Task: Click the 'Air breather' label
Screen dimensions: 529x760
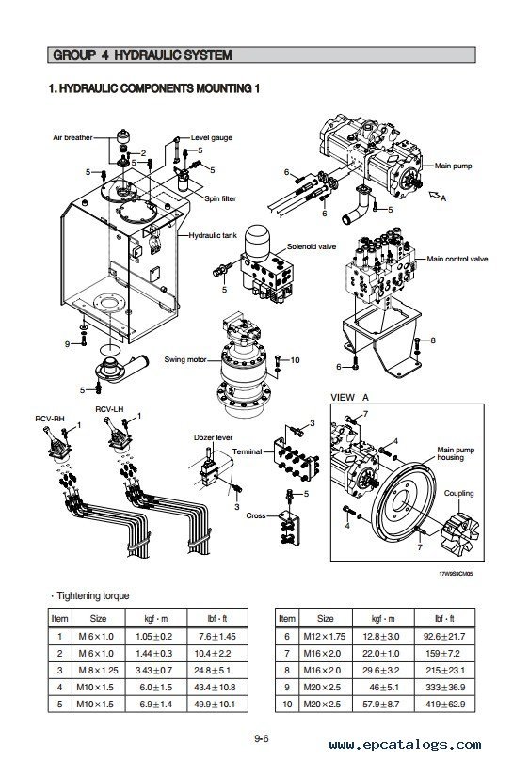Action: tap(72, 137)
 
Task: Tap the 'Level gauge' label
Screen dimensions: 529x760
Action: tap(212, 137)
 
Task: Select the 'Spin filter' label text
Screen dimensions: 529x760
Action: tap(220, 198)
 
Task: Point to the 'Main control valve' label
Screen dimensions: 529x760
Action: tap(457, 259)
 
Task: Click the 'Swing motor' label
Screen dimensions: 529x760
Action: tap(185, 359)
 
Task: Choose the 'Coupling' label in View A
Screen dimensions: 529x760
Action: tap(458, 494)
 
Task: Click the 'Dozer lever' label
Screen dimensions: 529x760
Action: tap(214, 437)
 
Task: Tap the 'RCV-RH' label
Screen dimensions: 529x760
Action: tap(50, 419)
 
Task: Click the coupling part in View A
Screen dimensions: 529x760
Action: tap(461, 533)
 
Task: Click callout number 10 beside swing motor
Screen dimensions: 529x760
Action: tap(295, 359)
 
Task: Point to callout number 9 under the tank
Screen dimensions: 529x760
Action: tap(68, 344)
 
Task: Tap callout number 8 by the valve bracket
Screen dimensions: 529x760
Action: tap(433, 340)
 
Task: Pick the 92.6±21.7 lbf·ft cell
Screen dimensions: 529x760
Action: tap(444, 637)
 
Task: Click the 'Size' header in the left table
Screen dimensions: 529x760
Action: tap(99, 619)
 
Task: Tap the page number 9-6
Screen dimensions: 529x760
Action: tap(262, 738)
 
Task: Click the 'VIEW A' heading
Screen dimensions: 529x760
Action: tap(349, 398)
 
